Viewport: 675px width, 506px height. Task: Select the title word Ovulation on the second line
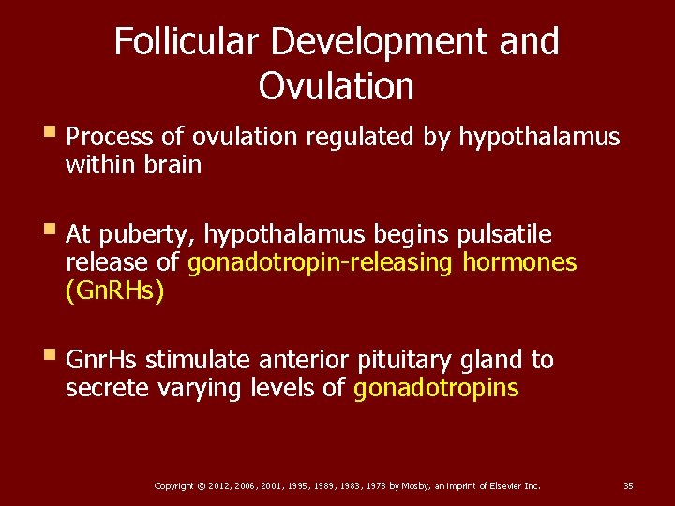336,86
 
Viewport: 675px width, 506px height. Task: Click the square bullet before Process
52,137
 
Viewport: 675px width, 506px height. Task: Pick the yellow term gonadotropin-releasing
320,263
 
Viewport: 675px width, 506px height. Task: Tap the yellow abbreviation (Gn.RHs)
114,292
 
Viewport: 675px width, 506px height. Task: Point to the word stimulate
196,361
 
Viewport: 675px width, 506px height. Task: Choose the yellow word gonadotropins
436,389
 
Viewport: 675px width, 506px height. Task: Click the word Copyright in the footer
173,486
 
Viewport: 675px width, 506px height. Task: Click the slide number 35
628,486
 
